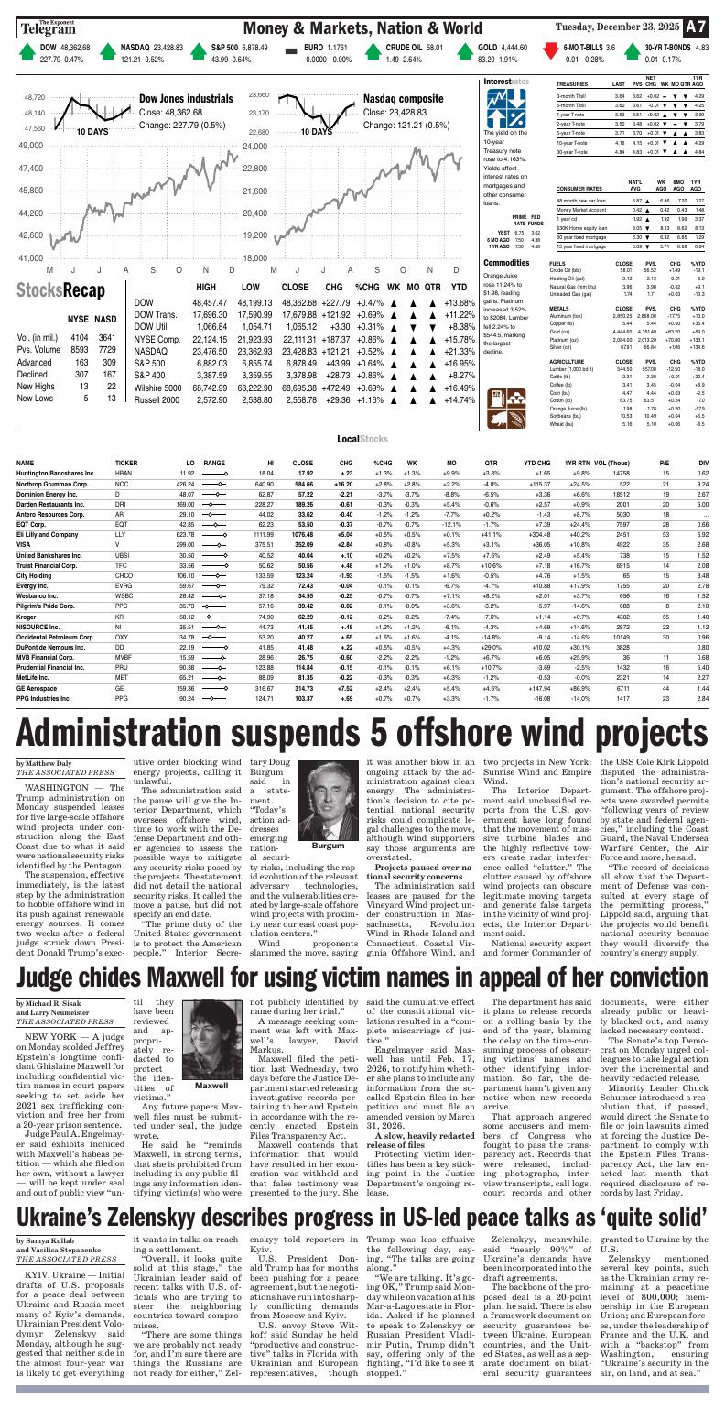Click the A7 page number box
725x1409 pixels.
(697, 27)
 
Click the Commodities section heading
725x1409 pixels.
(513, 262)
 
